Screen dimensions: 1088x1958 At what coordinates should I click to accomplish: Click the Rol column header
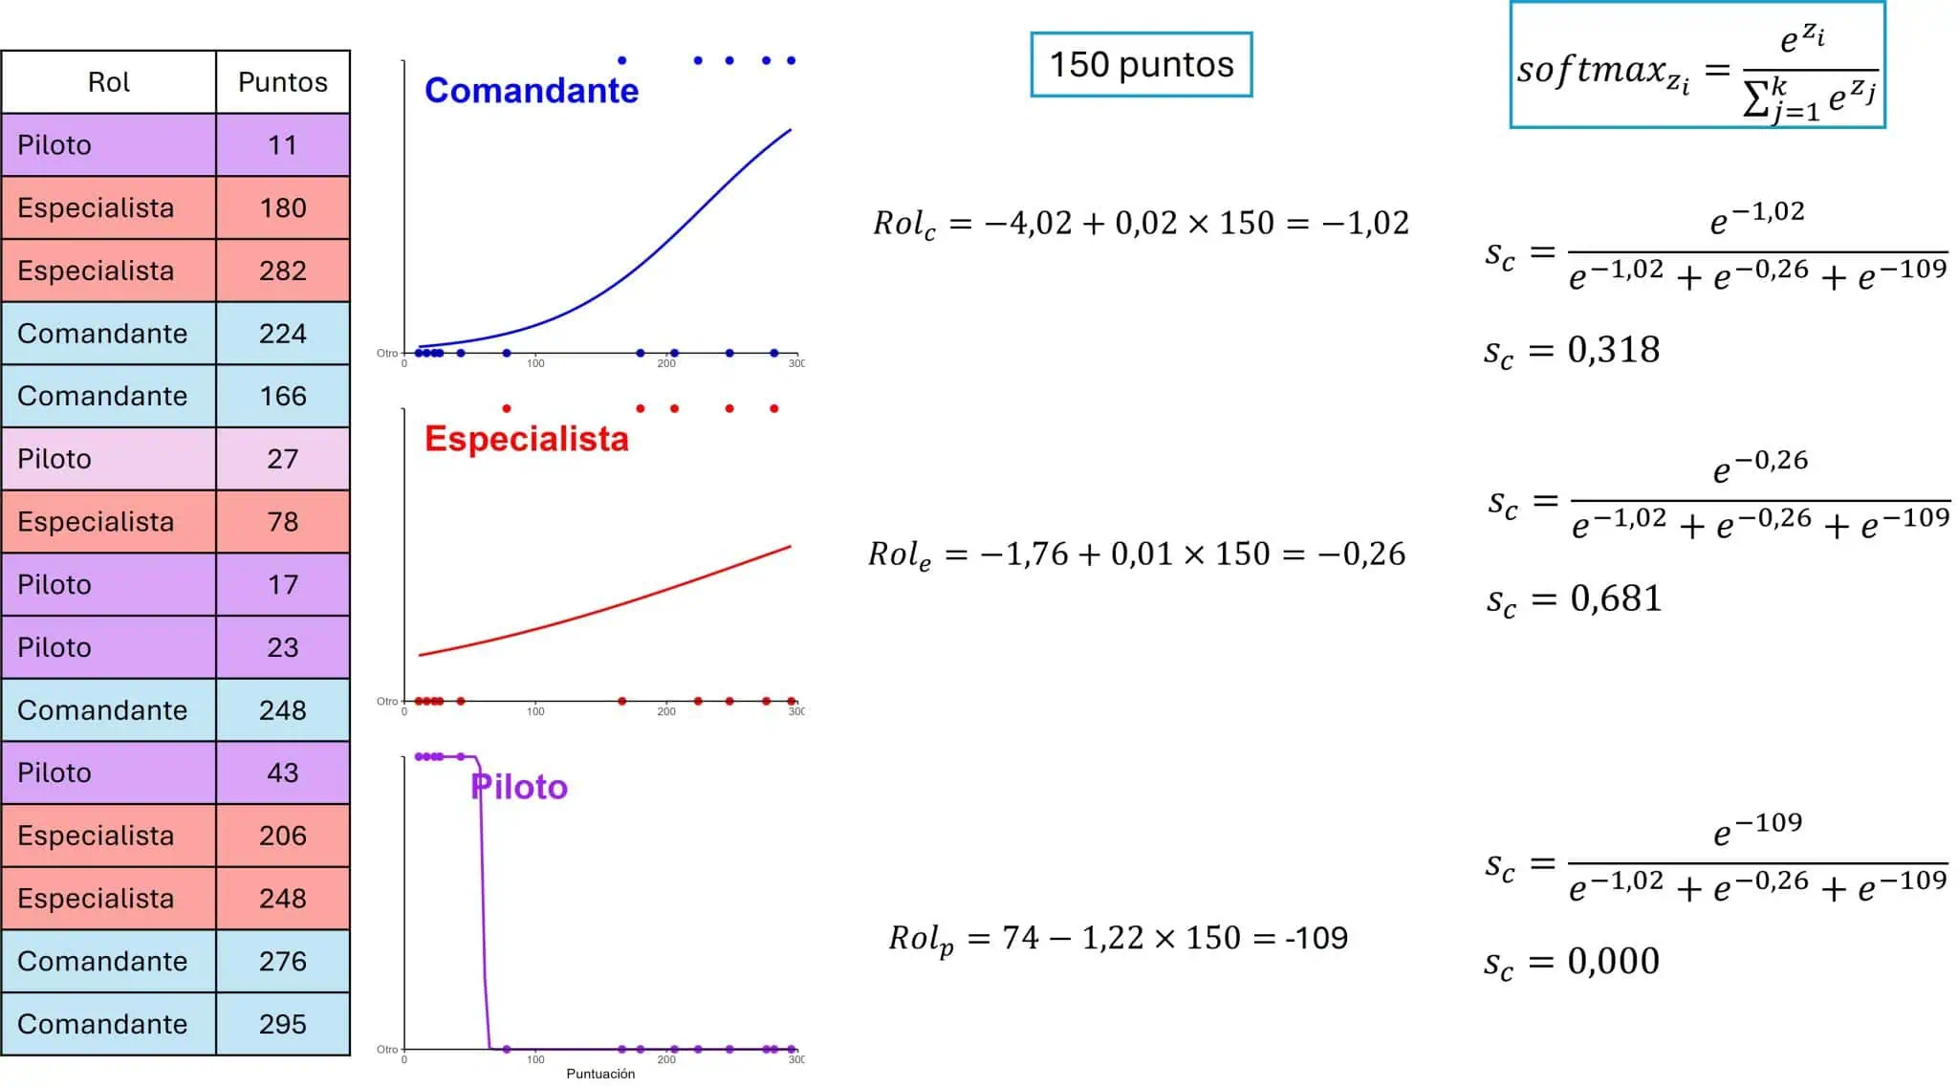[109, 82]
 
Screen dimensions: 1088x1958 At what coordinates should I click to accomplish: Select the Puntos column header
[283, 82]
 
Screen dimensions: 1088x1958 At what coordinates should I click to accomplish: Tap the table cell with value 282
[283, 271]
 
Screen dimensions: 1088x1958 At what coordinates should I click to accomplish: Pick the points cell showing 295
[283, 1024]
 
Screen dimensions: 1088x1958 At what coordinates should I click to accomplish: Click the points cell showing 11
[283, 145]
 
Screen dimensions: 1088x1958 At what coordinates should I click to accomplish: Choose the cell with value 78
[283, 522]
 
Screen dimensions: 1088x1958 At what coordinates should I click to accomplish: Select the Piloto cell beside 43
[109, 772]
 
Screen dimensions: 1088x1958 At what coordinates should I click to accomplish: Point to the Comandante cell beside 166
[109, 396]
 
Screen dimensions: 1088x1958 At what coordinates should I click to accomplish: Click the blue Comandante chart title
[532, 91]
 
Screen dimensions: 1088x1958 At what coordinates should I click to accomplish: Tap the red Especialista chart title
[527, 439]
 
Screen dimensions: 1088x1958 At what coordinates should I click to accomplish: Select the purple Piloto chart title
[520, 787]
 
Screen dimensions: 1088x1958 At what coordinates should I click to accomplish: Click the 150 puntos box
[1142, 65]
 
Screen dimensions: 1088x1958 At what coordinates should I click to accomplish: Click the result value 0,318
[1614, 350]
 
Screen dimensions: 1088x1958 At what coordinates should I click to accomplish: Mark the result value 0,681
[1617, 599]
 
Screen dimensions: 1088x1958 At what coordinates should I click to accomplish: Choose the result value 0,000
[1614, 961]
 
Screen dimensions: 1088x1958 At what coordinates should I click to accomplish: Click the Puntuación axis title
[600, 1074]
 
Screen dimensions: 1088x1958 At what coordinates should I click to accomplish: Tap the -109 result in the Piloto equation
[1316, 938]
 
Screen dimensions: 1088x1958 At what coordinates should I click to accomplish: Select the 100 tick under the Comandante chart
[535, 363]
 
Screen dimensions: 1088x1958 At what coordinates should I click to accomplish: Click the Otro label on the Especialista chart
[387, 702]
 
